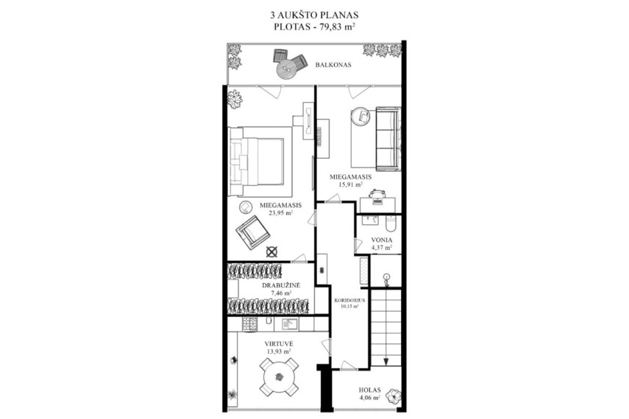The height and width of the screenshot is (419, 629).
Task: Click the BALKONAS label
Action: [x=333, y=65]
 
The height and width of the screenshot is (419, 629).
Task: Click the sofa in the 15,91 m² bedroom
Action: [x=388, y=139]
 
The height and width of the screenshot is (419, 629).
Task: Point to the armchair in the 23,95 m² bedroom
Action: [x=252, y=233]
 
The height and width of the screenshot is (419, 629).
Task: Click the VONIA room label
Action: [x=382, y=240]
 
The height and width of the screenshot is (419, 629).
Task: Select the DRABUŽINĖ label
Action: [x=281, y=285]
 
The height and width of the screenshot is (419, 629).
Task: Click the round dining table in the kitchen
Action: [x=279, y=377]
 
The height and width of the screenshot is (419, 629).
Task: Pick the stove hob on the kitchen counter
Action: [x=249, y=323]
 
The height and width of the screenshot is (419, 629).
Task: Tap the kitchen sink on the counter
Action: [x=289, y=323]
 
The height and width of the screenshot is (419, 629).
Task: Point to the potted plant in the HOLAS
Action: [x=394, y=396]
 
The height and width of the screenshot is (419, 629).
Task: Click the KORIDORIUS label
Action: [x=349, y=300]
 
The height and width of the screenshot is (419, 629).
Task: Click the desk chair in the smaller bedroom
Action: [x=377, y=196]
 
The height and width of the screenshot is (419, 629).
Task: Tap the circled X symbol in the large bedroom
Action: [x=272, y=252]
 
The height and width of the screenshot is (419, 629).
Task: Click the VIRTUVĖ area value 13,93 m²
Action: [x=279, y=351]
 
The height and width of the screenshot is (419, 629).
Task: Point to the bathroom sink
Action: [x=370, y=220]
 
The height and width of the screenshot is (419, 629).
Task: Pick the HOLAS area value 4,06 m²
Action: [x=370, y=398]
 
